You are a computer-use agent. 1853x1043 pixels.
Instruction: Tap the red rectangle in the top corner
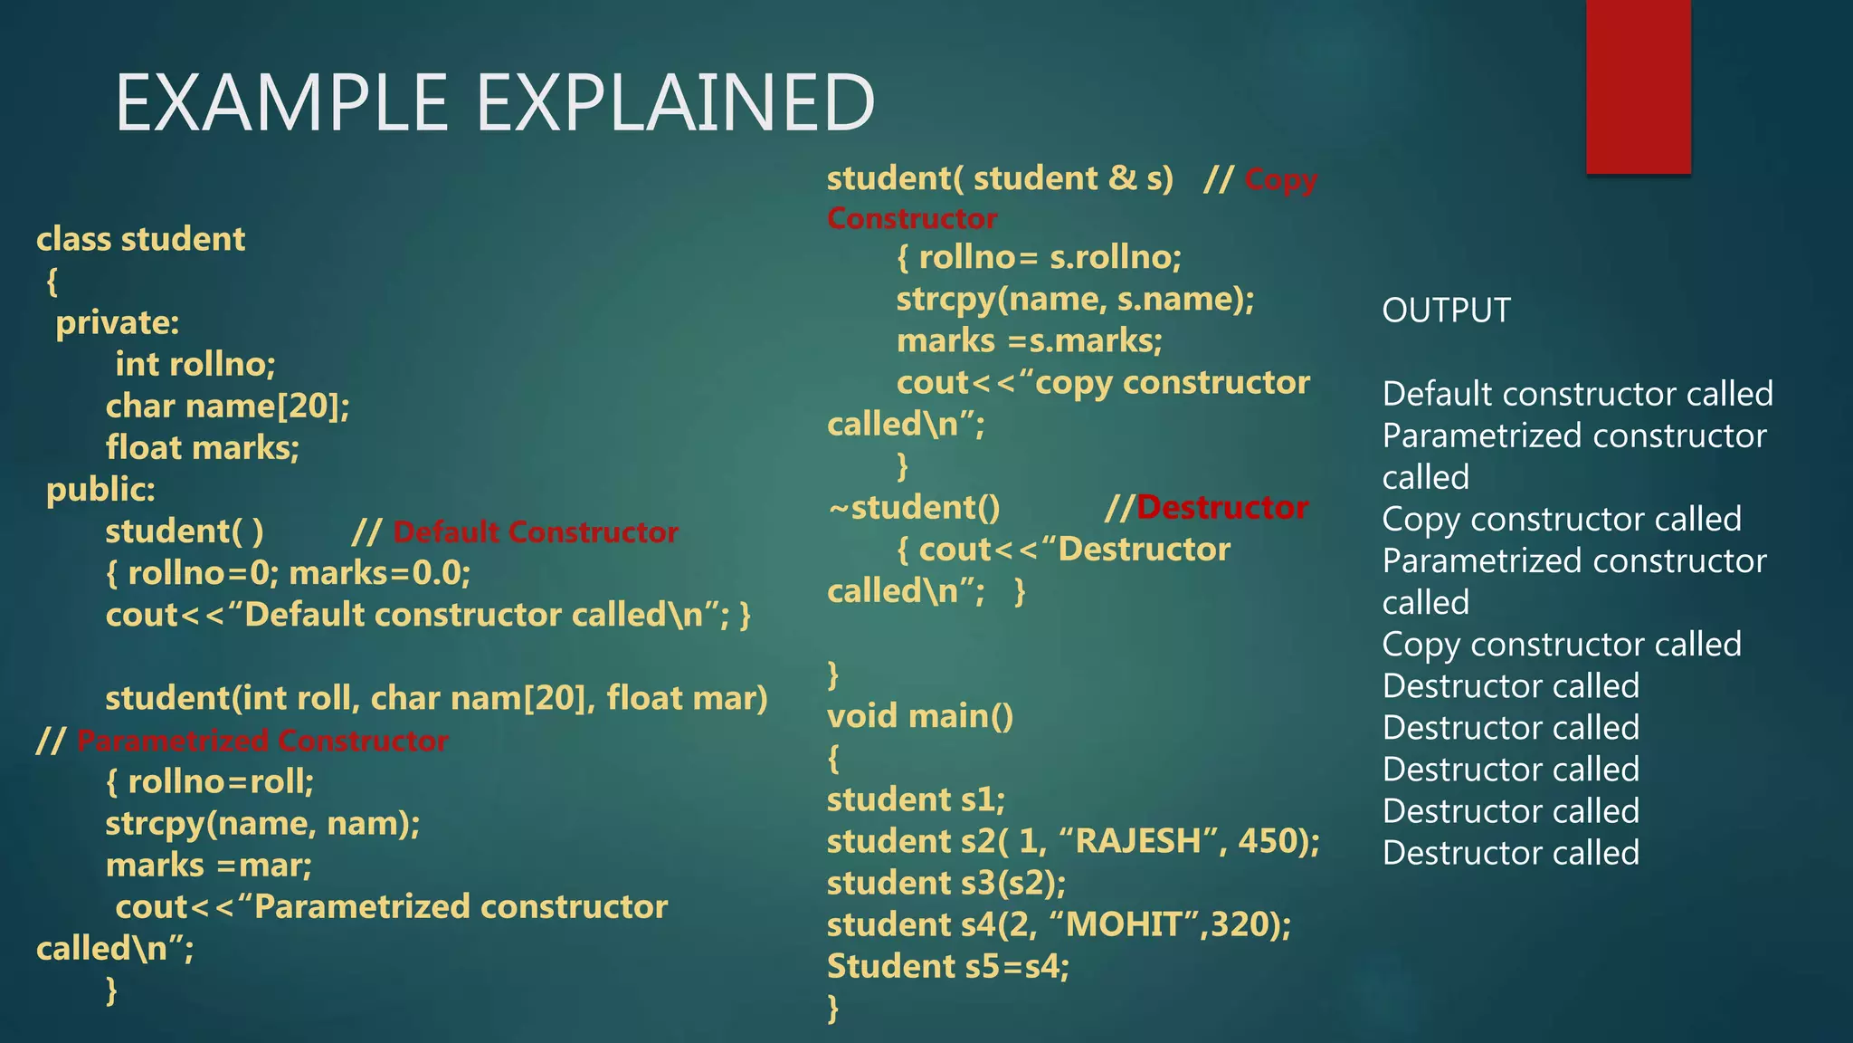[x=1638, y=86]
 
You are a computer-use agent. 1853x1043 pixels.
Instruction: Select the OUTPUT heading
[x=1446, y=311]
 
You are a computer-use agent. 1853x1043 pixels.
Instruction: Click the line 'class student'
[x=141, y=239]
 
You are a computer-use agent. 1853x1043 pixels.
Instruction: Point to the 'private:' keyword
[x=118, y=323]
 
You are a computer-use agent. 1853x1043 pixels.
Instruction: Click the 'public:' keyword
[x=100, y=490]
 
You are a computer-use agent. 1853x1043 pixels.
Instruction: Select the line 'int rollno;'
[x=195, y=364]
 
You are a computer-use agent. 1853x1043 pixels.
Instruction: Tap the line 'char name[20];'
[x=227, y=407]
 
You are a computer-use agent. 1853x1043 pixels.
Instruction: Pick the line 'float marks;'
[x=203, y=448]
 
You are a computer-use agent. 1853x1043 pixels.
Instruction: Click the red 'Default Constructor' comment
[x=536, y=532]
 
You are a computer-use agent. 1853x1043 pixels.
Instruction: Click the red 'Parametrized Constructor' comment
[x=262, y=741]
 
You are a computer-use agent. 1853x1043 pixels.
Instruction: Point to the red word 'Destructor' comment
[x=1221, y=508]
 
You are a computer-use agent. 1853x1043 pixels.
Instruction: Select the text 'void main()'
[x=920, y=716]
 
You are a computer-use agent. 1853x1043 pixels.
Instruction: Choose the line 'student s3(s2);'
[x=946, y=883]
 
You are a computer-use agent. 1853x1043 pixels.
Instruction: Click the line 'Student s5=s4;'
[x=948, y=966]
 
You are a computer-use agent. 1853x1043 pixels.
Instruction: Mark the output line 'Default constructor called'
[x=1577, y=394]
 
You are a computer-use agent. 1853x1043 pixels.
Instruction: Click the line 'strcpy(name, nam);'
[x=262, y=824]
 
